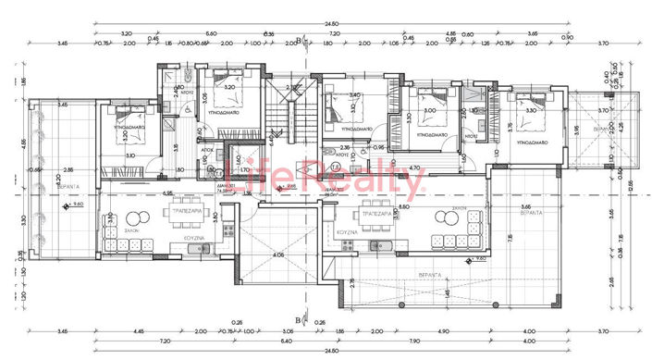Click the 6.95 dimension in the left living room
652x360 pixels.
168,192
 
